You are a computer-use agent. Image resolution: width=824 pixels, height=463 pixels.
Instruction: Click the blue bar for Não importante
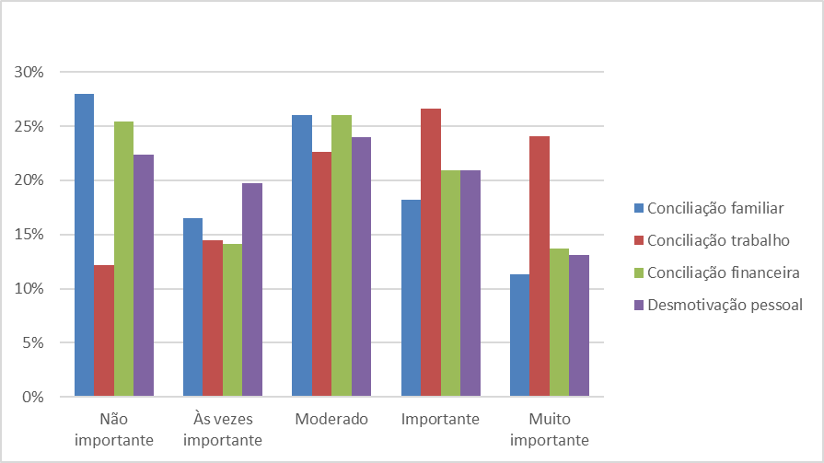84,245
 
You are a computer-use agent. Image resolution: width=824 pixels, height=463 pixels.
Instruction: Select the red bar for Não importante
103,331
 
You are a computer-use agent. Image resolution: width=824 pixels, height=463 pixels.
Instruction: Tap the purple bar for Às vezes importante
252,290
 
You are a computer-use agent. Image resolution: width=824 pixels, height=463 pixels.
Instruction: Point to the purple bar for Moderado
361,267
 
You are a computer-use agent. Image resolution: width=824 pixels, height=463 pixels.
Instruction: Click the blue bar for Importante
411,298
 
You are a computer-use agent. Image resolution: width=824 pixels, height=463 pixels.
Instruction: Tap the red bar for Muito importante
540,266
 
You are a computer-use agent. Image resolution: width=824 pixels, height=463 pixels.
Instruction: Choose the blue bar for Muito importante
519,335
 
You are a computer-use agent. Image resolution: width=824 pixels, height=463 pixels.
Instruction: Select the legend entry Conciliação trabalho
709,240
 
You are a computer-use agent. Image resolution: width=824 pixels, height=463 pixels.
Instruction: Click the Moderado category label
331,420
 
